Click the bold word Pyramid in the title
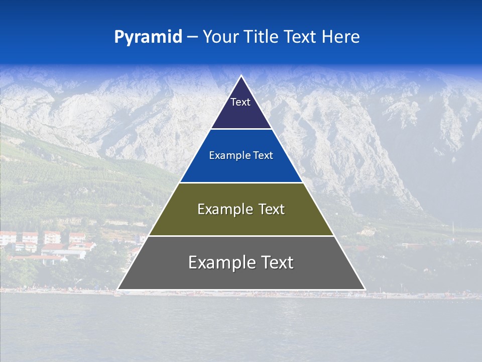click(x=148, y=37)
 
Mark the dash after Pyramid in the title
click(x=192, y=37)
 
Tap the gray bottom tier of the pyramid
click(x=241, y=277)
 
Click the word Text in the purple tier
click(x=240, y=102)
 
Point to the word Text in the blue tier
click(x=263, y=156)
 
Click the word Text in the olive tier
click(x=272, y=209)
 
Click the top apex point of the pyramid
click(x=241, y=76)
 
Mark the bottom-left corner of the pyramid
click(x=118, y=289)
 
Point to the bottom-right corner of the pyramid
click(x=365, y=289)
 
